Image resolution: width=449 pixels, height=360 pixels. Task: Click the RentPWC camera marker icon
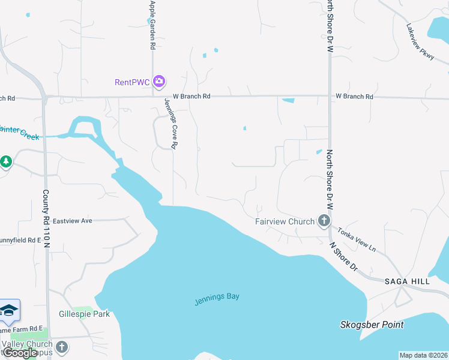[x=159, y=81]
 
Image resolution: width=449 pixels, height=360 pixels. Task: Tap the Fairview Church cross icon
[x=324, y=221]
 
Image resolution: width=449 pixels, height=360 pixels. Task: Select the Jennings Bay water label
[x=217, y=298]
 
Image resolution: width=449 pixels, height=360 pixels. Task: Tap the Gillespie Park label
[x=84, y=314]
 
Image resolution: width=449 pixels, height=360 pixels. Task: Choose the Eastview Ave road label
[x=72, y=221]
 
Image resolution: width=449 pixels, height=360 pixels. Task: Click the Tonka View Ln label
[x=356, y=239]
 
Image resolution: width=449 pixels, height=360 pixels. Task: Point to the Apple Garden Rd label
[x=153, y=25]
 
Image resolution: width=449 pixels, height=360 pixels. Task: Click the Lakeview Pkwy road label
[x=419, y=40]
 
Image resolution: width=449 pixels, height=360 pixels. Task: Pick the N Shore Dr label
[x=344, y=256]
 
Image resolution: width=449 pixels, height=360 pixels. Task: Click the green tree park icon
[x=6, y=161]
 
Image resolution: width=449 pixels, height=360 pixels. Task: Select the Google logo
[x=20, y=353]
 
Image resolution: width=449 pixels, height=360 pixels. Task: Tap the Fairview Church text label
[x=285, y=221]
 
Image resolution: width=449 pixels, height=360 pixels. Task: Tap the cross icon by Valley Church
[x=62, y=347]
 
